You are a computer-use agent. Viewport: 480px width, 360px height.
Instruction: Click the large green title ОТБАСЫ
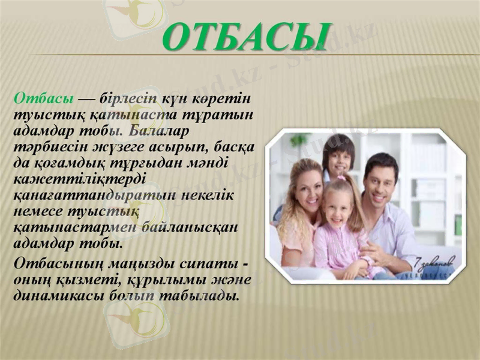pyautogui.click(x=246, y=37)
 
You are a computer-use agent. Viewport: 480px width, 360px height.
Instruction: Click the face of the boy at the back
pyautogui.click(x=339, y=157)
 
